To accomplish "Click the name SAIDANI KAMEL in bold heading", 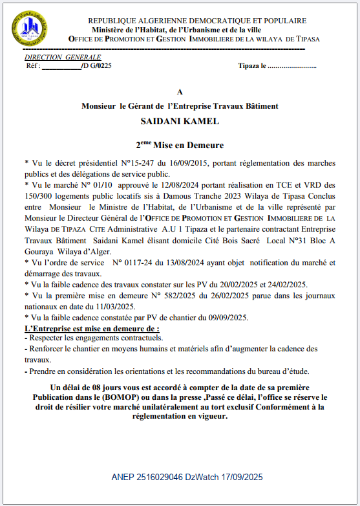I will pyautogui.click(x=180, y=121).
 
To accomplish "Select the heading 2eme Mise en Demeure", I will pyautogui.click(x=180, y=146).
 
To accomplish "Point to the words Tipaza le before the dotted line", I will pyautogui.click(x=251, y=66).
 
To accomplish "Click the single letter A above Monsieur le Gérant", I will pyautogui.click(x=180, y=93).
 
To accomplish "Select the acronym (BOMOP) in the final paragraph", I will pyautogui.click(x=117, y=396).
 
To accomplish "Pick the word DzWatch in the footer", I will pyautogui.click(x=202, y=478).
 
